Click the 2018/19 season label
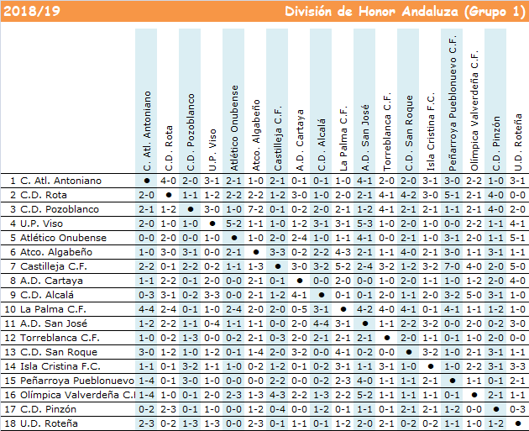click(32, 11)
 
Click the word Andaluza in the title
click(430, 12)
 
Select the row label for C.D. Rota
click(44, 195)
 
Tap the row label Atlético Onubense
click(63, 238)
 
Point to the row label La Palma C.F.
click(53, 309)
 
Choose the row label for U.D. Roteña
click(49, 423)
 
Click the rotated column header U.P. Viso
click(212, 150)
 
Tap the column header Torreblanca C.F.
click(386, 132)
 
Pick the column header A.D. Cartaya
click(299, 140)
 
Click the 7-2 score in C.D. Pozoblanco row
click(255, 209)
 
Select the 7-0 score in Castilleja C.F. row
click(452, 266)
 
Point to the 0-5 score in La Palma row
click(299, 309)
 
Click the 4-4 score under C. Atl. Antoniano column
click(146, 309)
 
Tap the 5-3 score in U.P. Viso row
click(364, 223)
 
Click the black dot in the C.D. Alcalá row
click(321, 295)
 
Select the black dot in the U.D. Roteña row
click(518, 423)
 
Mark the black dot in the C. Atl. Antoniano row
click(147, 181)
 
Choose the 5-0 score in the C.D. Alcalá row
click(474, 295)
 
